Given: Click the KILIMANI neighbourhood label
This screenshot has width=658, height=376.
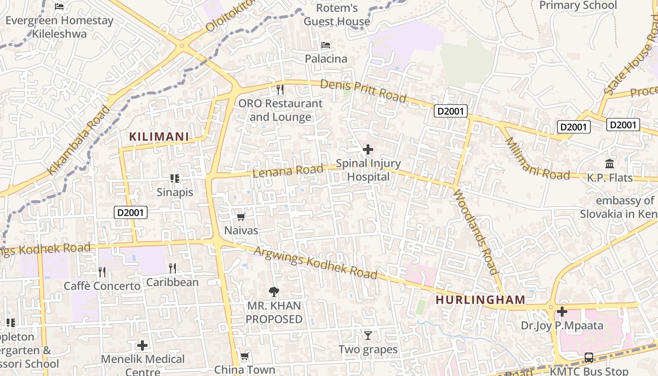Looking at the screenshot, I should (159, 137).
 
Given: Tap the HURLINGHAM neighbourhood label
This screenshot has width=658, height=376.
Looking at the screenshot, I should (480, 300).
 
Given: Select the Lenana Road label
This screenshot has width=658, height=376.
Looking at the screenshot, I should (288, 171).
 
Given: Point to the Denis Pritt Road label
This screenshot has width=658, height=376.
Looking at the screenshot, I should (363, 90).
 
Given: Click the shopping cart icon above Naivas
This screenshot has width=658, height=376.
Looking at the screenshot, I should (241, 217).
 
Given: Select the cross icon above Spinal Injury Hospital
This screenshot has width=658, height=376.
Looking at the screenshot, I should (368, 149).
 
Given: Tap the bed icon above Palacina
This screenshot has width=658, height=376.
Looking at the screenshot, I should (326, 45).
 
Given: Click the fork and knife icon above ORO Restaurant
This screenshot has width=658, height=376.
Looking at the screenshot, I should (280, 89).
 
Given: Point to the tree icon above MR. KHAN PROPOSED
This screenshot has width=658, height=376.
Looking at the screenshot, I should (274, 292).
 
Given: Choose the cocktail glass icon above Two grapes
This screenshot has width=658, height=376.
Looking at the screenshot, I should (368, 336).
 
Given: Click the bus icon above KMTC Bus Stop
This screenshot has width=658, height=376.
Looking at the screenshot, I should (589, 357).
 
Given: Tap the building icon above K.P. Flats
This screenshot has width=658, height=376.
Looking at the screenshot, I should (610, 164).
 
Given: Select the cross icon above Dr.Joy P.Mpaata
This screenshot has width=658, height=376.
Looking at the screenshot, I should (562, 312).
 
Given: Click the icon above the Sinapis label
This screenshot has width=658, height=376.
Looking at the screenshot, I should (175, 179).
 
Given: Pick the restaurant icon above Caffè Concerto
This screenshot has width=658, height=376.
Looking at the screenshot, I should (102, 272).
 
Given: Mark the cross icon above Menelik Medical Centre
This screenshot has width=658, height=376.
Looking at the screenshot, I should (142, 345).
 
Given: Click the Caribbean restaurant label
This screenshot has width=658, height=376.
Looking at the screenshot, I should (172, 282).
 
